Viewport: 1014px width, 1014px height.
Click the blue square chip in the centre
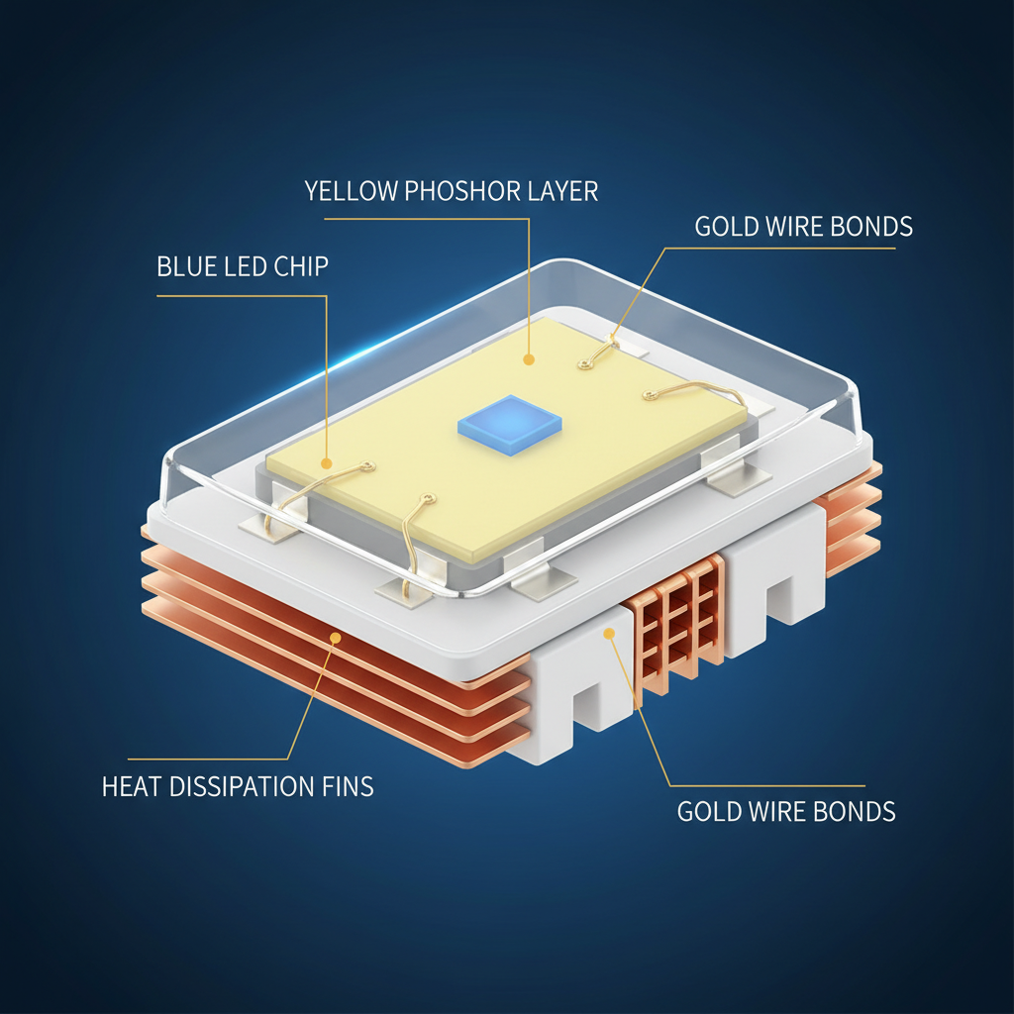[509, 425]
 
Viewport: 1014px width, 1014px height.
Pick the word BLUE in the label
[187, 266]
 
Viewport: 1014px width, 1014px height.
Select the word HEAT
[132, 786]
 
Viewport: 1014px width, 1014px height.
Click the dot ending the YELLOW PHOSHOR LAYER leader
[529, 359]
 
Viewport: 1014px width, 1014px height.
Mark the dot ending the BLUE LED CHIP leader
[327, 463]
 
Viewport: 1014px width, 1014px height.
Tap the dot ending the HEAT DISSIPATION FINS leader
[335, 638]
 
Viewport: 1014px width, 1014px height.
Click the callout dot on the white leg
[609, 634]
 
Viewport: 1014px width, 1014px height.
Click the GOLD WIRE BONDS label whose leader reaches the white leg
[786, 812]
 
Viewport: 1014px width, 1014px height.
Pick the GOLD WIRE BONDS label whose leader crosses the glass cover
[804, 227]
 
